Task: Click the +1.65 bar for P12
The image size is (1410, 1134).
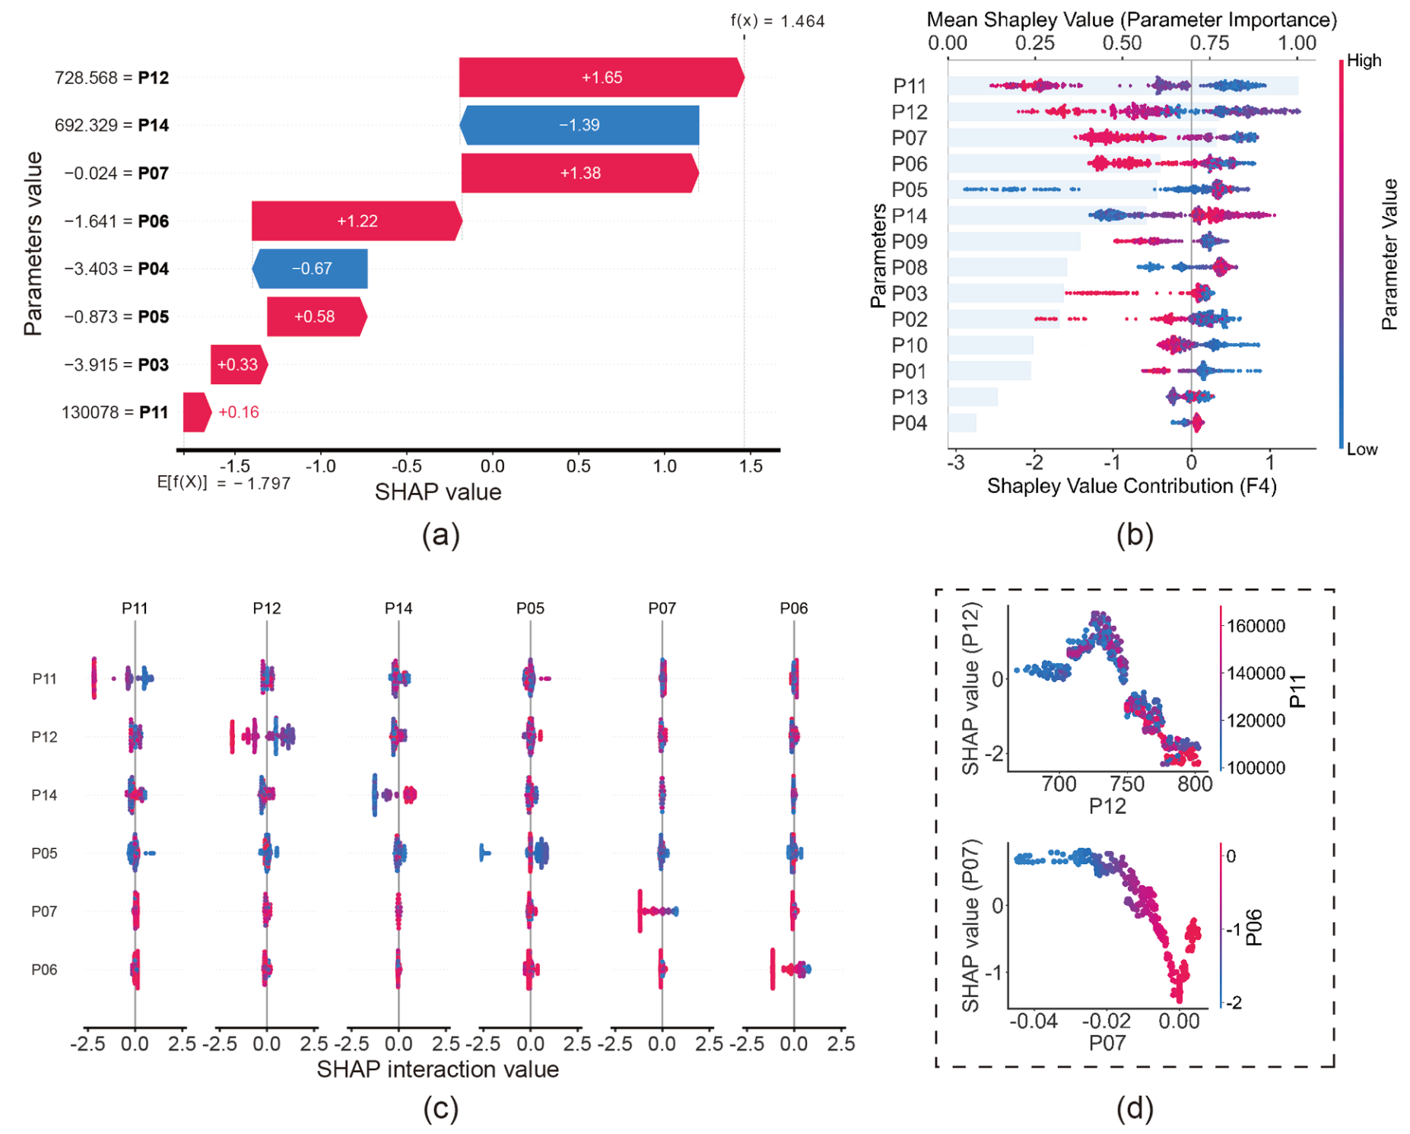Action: tap(601, 78)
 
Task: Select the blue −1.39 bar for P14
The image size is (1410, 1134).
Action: tap(580, 125)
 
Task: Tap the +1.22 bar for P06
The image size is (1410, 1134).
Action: tap(357, 221)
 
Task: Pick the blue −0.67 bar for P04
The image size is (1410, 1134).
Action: tap(310, 268)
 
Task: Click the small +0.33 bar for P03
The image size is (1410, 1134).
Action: tap(239, 364)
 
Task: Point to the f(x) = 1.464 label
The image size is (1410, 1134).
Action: tap(777, 21)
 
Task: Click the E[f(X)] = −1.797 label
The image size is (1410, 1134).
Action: tap(224, 482)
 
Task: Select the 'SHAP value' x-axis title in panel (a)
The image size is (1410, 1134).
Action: tap(438, 492)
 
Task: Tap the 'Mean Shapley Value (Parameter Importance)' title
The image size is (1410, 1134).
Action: tap(1132, 20)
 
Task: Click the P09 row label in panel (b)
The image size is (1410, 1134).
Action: tap(910, 242)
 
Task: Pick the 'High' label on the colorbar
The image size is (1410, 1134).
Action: tap(1364, 61)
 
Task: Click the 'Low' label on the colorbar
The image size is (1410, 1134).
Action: tap(1361, 449)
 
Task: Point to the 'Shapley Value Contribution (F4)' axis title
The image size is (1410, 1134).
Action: tap(1132, 486)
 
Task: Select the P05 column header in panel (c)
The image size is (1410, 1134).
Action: tap(530, 608)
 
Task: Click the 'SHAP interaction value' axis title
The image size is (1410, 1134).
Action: tap(438, 1069)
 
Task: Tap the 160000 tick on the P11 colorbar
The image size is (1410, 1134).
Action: tap(1256, 626)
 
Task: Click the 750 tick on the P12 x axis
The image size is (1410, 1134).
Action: tap(1126, 784)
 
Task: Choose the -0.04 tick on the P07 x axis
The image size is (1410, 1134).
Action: tap(1034, 1021)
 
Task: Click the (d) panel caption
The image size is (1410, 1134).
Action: tap(1135, 1108)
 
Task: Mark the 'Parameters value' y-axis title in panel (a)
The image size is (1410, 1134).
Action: tap(33, 243)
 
